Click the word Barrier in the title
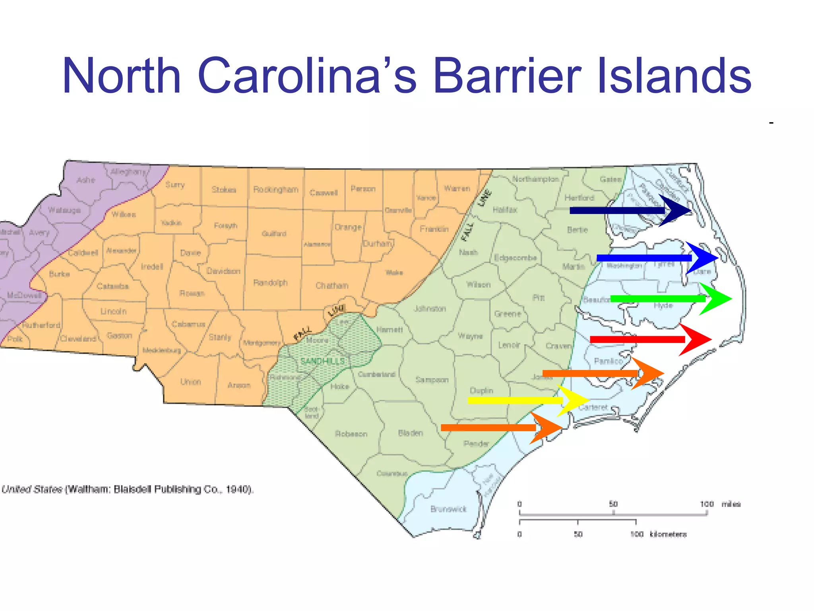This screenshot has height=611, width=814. click(x=508, y=76)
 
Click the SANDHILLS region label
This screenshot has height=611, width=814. click(x=322, y=361)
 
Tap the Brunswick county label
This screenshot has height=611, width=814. click(x=448, y=509)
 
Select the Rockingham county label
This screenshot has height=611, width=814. click(x=275, y=189)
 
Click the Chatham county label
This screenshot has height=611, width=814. click(x=332, y=286)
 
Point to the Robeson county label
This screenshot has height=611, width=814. click(x=351, y=434)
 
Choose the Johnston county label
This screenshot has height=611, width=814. click(x=430, y=309)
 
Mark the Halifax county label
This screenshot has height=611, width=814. click(x=505, y=210)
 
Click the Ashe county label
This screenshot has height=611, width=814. click(x=85, y=180)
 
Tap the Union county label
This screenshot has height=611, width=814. click(x=190, y=382)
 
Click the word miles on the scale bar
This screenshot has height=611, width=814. click(x=731, y=504)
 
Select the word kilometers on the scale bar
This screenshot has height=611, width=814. click(x=668, y=534)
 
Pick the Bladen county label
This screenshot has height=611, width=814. click(x=411, y=433)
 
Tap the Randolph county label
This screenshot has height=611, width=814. click(x=270, y=283)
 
